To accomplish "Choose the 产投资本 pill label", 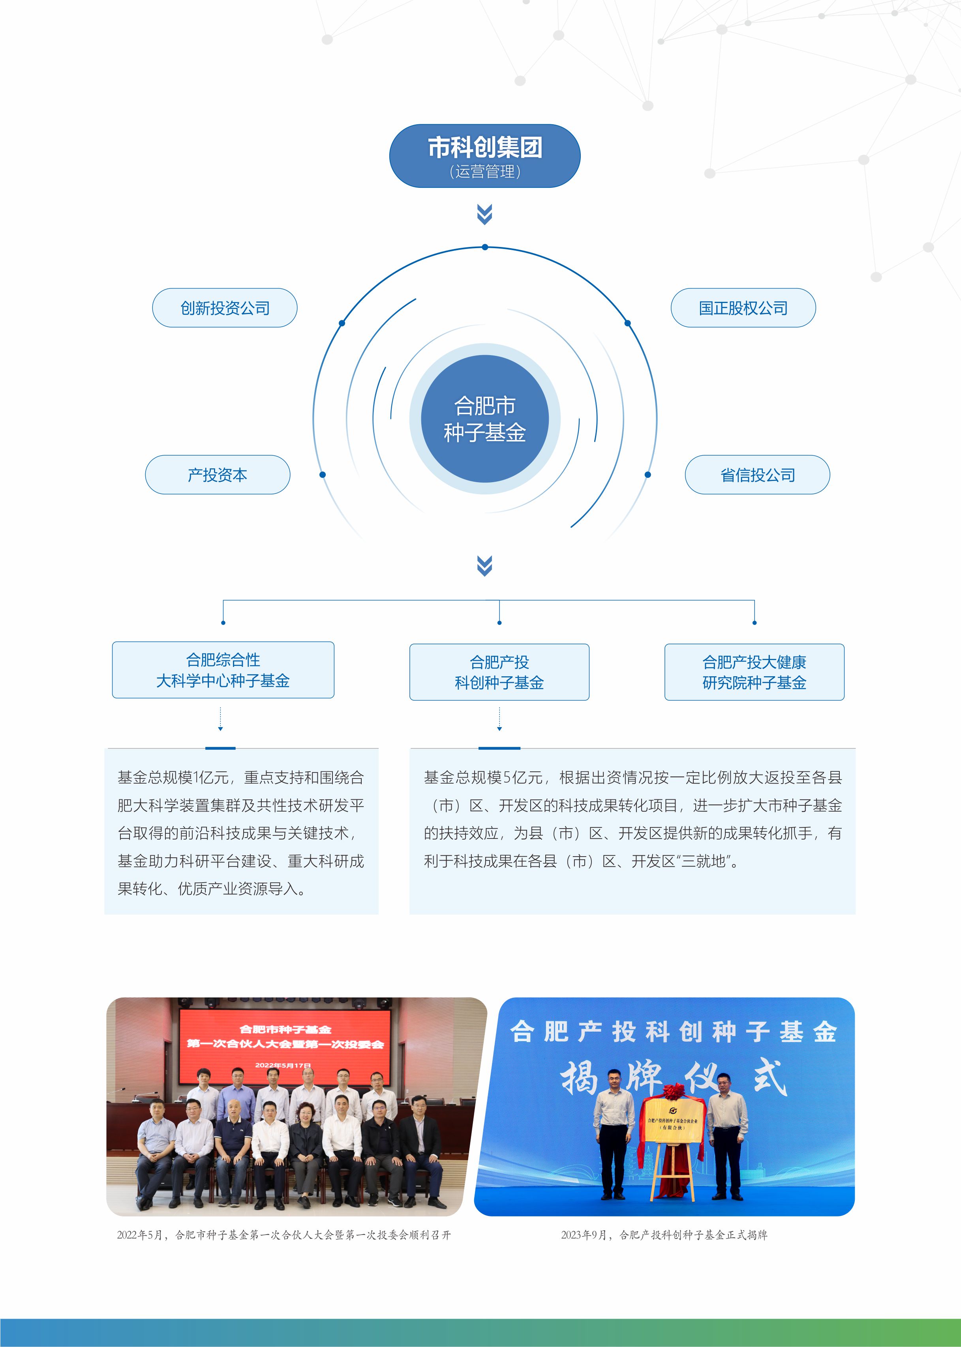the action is coord(218,475).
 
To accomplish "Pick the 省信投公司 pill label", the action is coord(757,475).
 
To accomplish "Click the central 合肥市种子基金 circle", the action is coord(484,419).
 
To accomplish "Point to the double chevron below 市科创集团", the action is coord(484,215).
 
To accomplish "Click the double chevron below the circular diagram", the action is coord(484,566).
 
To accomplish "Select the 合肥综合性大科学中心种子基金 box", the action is coord(223,670).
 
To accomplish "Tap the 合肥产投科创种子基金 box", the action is coord(499,672).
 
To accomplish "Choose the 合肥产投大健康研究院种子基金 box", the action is coord(755,672).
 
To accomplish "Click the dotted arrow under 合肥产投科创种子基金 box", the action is coord(499,719).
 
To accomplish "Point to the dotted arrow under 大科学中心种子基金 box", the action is coord(220,719).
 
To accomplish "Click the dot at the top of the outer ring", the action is coord(484,247).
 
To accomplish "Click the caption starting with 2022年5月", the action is coord(284,1235).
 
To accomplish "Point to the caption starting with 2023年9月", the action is coord(664,1235).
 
